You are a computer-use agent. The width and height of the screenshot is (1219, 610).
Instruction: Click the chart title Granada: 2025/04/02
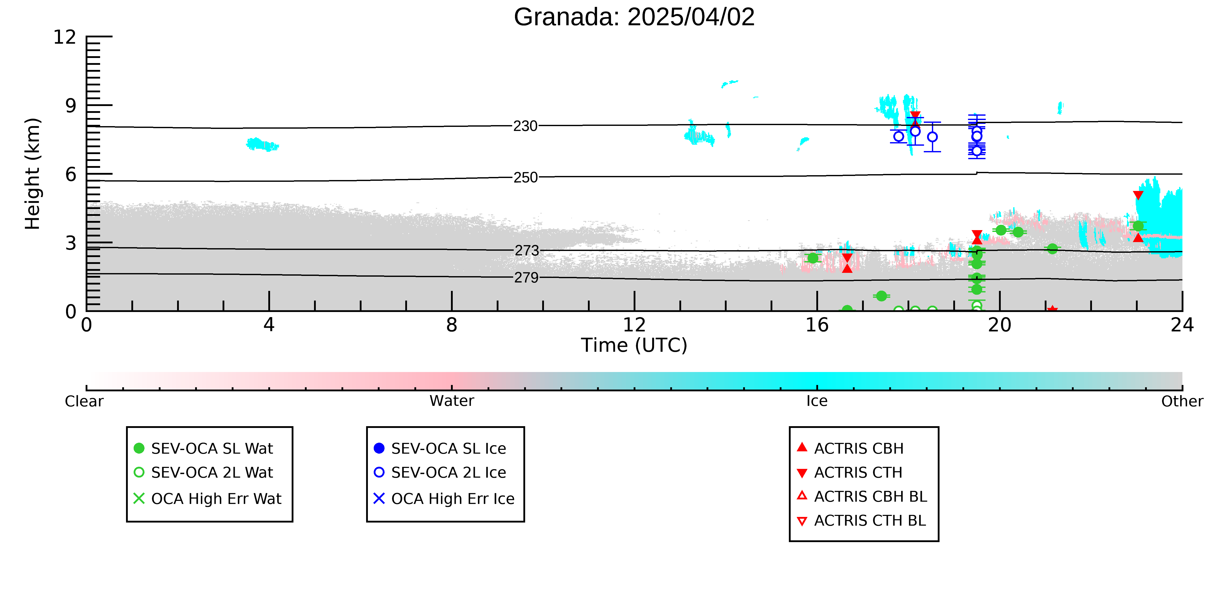(634, 17)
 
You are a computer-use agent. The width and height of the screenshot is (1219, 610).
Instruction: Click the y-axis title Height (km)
(33, 174)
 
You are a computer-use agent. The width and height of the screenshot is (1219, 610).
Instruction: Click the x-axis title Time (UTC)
(634, 345)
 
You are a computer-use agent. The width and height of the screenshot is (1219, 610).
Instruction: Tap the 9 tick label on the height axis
(71, 106)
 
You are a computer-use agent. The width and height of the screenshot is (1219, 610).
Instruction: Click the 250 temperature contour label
(526, 177)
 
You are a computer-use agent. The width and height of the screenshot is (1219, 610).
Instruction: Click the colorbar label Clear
(84, 401)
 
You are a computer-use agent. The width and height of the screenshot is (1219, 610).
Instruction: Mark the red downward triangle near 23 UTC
(1138, 195)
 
